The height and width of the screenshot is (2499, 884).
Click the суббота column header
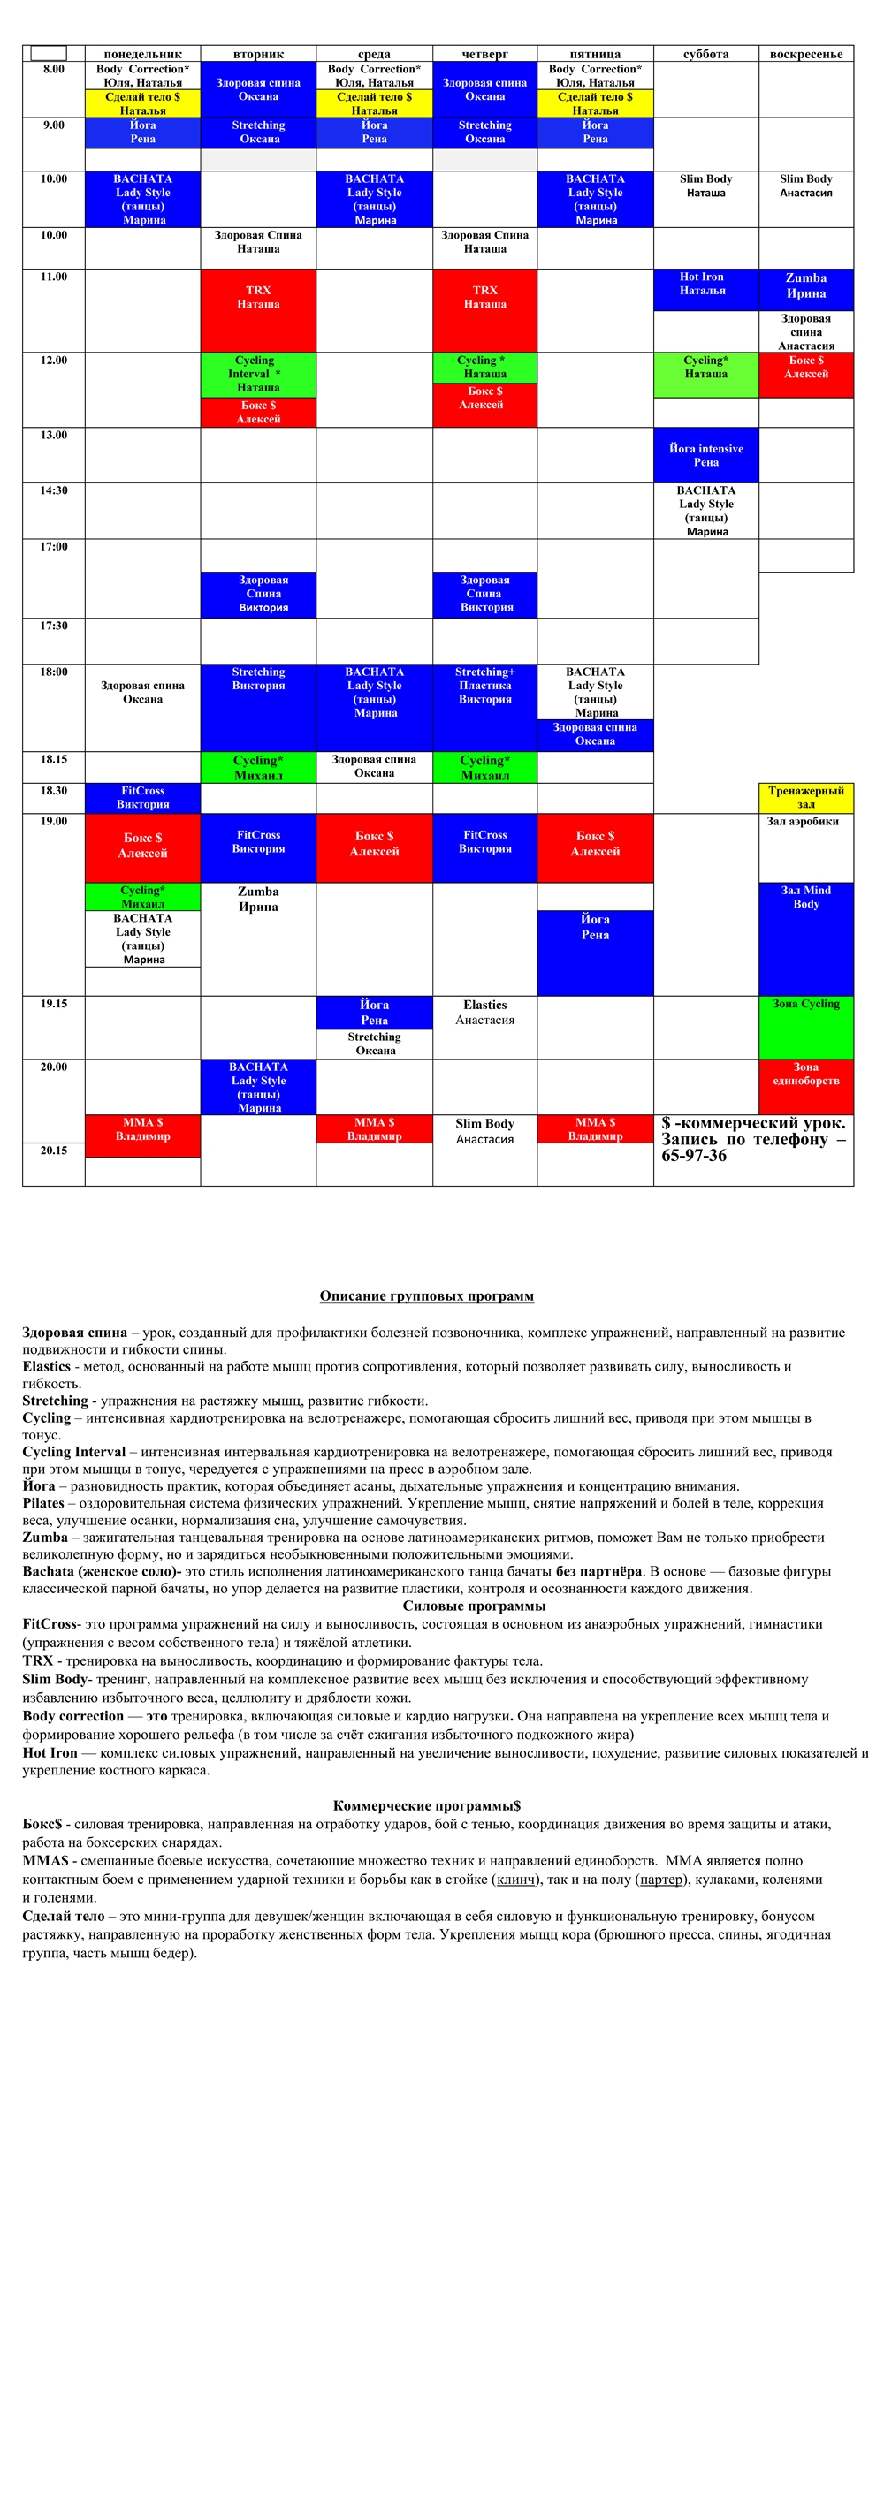tap(705, 54)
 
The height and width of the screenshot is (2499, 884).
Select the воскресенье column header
tap(805, 54)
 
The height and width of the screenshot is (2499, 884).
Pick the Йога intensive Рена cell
tap(705, 455)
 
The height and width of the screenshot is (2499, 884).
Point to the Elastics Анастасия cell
tap(484, 1012)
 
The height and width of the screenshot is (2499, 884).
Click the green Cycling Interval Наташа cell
tap(258, 375)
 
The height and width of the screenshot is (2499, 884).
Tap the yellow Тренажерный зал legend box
tap(805, 797)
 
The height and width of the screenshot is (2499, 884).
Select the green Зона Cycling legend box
tap(805, 1027)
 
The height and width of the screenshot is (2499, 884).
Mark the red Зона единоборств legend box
tap(805, 1087)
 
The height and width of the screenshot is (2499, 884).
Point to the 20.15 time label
tap(53, 1151)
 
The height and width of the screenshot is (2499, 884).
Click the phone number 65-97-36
tap(694, 1157)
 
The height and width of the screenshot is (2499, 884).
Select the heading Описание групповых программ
tap(427, 1296)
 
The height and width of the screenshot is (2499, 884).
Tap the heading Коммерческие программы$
tap(427, 1805)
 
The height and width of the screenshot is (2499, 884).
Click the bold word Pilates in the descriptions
tap(43, 1503)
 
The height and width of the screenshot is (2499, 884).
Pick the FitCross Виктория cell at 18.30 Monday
tap(142, 797)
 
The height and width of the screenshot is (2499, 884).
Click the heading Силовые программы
tap(474, 1606)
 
